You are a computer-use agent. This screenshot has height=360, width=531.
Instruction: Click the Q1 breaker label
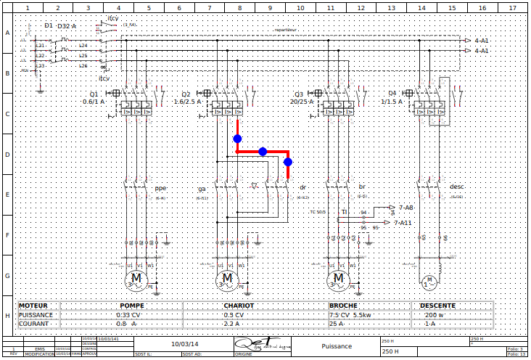[94, 94]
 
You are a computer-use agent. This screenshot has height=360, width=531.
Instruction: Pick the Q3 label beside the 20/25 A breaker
[298, 94]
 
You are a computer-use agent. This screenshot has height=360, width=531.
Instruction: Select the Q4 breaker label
[392, 94]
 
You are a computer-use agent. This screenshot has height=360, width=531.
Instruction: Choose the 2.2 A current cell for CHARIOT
[231, 324]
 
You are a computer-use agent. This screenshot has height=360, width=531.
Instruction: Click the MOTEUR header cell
[33, 306]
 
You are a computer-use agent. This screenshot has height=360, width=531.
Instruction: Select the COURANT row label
[34, 324]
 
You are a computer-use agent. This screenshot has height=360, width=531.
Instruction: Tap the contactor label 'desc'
[457, 187]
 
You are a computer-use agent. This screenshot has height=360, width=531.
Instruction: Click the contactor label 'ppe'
[160, 188]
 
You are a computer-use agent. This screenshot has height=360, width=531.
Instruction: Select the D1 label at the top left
[49, 25]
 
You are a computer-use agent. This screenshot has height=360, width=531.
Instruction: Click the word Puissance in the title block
[337, 347]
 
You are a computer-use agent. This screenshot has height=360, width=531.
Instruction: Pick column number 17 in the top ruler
[512, 8]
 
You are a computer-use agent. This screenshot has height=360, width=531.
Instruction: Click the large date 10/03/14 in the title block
[184, 343]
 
